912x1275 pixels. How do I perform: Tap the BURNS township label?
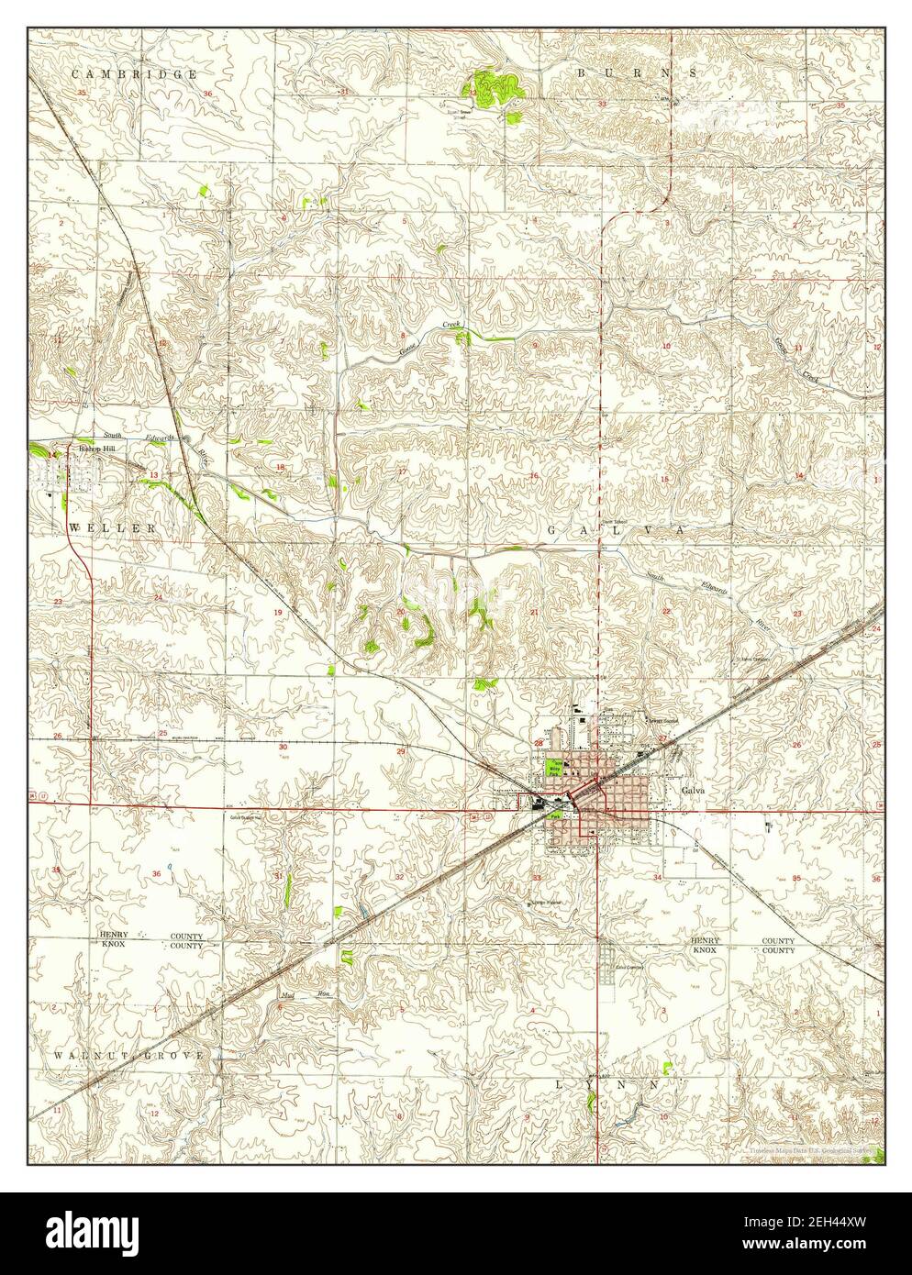coord(637,71)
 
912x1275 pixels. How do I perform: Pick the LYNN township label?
coord(608,1083)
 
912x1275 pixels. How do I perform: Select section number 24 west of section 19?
coord(158,597)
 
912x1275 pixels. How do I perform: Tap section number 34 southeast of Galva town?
coord(657,878)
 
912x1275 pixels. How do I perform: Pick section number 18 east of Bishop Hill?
coord(281,467)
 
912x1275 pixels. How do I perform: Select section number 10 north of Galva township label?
coord(667,346)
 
